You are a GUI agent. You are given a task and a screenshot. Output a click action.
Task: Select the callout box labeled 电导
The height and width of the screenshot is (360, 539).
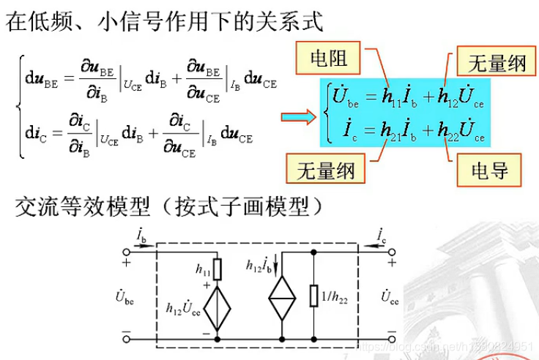tap(481, 172)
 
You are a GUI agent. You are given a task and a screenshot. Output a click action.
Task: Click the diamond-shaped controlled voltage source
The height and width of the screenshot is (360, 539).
tap(218, 309)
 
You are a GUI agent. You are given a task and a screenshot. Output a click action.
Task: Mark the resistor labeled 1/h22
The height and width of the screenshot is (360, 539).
tap(314, 296)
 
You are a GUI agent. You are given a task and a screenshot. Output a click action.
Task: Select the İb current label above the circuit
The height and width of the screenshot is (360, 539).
tap(141, 234)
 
